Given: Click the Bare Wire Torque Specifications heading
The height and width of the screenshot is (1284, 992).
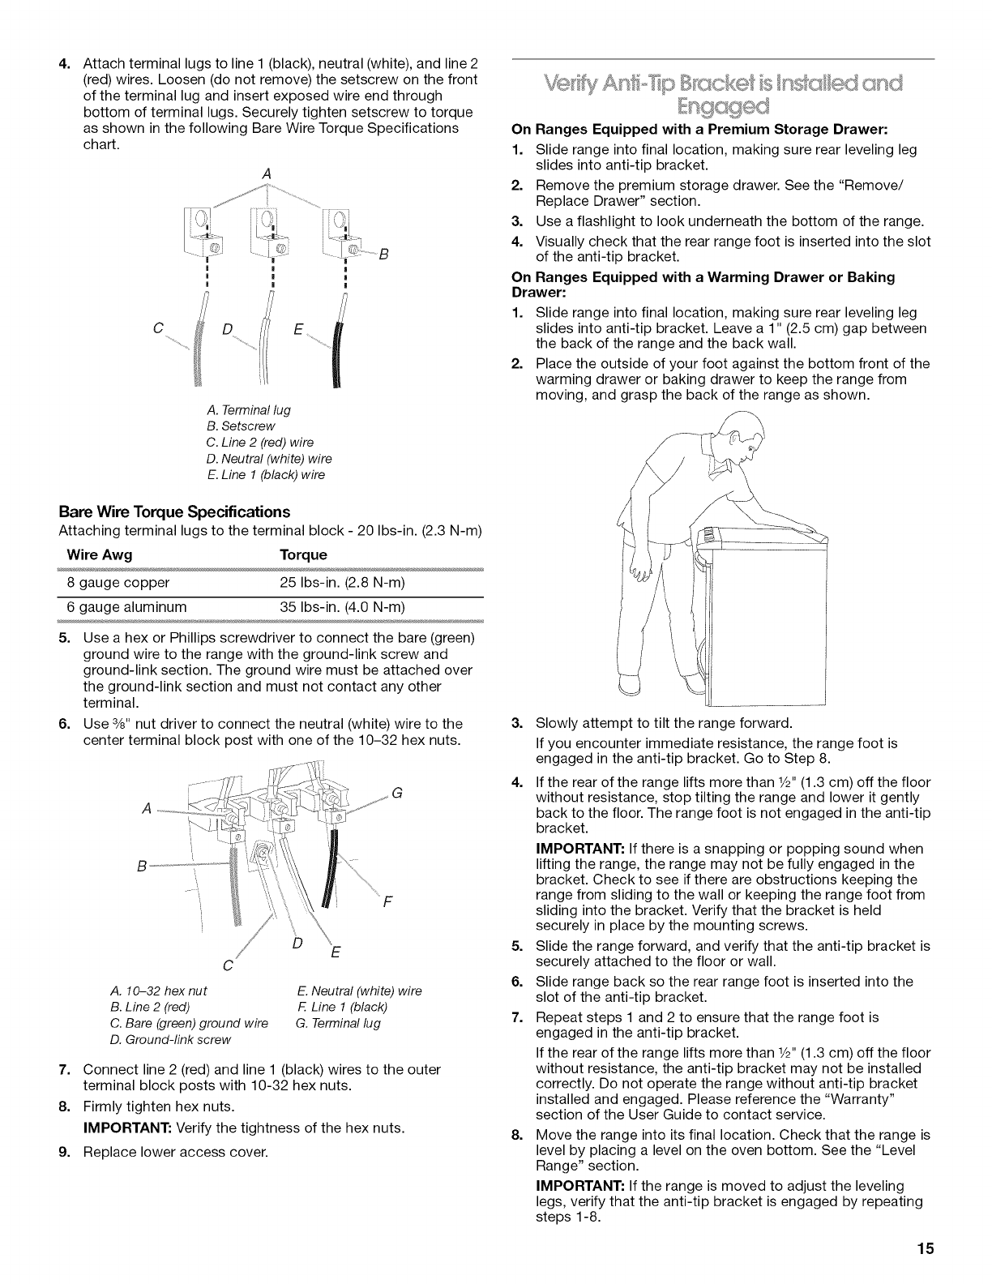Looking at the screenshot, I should pos(174,512).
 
